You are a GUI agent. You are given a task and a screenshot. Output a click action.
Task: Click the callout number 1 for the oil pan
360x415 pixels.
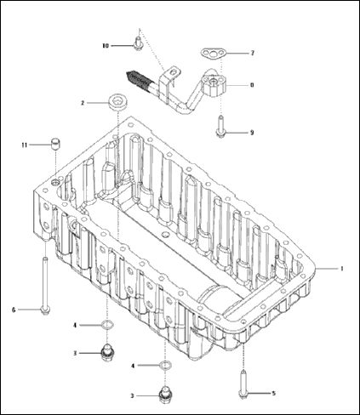tap(341, 268)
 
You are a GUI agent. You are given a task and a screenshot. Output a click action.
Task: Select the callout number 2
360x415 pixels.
tap(83, 103)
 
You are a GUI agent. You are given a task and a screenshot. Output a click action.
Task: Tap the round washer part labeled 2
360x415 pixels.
tap(117, 103)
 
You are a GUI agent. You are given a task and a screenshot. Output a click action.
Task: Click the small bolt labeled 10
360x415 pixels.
tap(137, 41)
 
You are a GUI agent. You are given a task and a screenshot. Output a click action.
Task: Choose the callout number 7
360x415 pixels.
tap(251, 53)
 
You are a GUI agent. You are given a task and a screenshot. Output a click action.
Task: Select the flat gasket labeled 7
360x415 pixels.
tap(214, 54)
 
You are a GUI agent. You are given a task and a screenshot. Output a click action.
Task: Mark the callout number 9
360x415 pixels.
tap(251, 133)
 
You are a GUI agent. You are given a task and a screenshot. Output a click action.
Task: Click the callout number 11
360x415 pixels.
tap(26, 145)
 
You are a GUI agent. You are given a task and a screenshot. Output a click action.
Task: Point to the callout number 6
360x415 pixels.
tap(14, 309)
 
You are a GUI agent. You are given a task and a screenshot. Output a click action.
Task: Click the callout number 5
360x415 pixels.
tap(273, 393)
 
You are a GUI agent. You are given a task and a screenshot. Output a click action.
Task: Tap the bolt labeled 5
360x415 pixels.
tap(243, 384)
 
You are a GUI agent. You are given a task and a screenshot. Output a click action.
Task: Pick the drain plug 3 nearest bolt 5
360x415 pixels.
tap(165, 394)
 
